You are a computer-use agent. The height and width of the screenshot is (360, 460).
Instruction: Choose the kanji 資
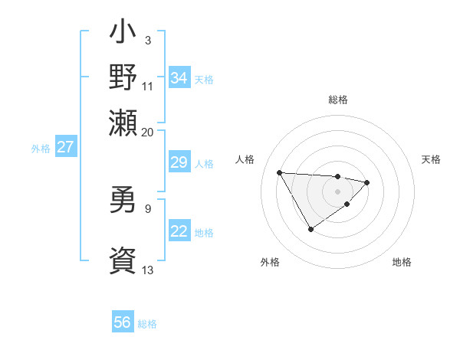(123, 259)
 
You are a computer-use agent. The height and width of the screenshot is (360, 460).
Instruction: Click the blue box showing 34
(179, 77)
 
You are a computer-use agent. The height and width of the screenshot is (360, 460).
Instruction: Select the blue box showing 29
(179, 162)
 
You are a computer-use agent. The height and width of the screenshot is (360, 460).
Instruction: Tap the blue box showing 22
(179, 232)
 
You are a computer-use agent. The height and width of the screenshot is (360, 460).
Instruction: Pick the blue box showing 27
(65, 147)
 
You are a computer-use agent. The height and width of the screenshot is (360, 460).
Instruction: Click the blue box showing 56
(123, 322)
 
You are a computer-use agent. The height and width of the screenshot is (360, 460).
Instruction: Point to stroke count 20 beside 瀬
(147, 132)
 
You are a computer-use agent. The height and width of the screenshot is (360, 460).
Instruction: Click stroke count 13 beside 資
(147, 270)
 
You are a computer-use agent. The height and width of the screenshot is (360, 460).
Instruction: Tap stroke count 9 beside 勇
(147, 208)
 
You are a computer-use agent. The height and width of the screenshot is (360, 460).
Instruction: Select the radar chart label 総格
(337, 100)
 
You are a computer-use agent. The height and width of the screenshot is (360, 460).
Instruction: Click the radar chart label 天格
(431, 159)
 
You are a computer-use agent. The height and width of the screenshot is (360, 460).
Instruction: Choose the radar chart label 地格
(402, 262)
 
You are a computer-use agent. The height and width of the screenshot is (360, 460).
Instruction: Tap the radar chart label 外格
(270, 262)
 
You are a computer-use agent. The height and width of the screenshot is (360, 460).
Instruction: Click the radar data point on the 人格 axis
(279, 172)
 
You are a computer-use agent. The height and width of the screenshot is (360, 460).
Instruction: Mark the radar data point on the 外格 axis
(310, 229)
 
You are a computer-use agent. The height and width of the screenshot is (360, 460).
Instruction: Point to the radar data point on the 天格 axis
(367, 182)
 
